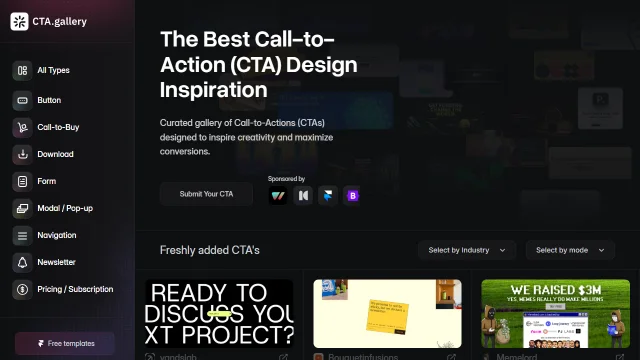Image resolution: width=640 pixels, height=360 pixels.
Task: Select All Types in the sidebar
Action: click(52, 70)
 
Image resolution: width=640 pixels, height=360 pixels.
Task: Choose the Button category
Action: click(49, 100)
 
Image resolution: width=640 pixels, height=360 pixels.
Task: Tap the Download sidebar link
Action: click(55, 155)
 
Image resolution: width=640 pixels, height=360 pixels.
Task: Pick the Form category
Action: click(46, 182)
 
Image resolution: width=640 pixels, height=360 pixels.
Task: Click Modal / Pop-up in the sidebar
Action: click(64, 208)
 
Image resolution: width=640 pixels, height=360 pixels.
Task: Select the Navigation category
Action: click(56, 235)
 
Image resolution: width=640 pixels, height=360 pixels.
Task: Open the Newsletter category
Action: click(56, 262)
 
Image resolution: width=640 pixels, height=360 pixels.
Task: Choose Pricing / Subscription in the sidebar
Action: click(74, 289)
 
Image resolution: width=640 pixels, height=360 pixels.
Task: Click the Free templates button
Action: click(65, 343)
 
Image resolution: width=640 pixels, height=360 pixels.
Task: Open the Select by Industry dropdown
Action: click(467, 250)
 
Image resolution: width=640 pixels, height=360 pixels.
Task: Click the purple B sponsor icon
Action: click(352, 195)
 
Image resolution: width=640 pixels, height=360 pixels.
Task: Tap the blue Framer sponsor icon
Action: click(327, 195)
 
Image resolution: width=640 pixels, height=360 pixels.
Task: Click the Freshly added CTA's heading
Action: click(210, 250)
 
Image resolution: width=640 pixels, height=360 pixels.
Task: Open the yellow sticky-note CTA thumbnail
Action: click(387, 313)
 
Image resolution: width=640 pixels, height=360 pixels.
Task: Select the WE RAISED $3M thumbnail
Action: click(555, 313)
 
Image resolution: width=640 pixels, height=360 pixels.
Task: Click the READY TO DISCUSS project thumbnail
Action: click(220, 313)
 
